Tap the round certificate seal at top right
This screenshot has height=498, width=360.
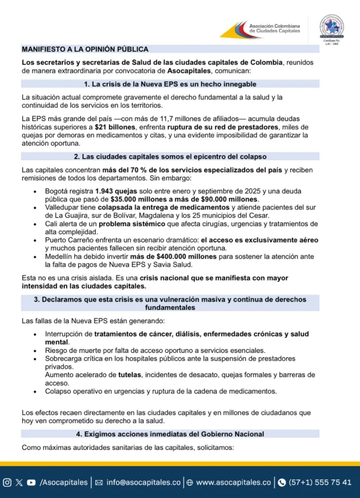(335, 28)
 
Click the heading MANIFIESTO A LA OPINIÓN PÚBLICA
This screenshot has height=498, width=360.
(85, 49)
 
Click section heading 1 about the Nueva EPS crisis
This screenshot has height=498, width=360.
(170, 84)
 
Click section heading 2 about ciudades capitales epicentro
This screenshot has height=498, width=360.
(170, 156)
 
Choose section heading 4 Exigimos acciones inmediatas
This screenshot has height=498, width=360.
(170, 434)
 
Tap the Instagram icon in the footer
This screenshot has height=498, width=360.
(7, 482)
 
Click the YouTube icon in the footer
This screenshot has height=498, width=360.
(31, 482)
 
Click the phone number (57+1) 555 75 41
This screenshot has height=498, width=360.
(320, 482)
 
